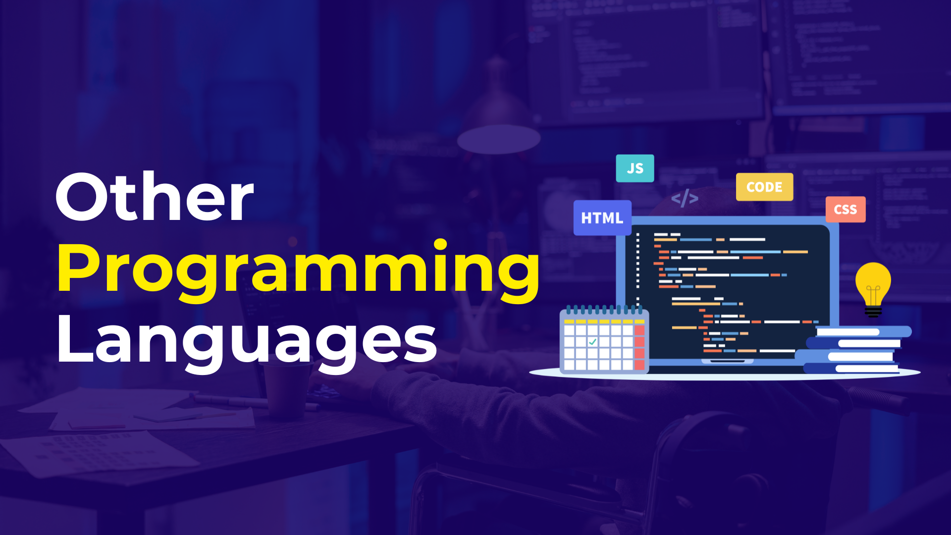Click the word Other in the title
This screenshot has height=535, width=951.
click(x=155, y=197)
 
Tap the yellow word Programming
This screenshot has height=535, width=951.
click(x=299, y=271)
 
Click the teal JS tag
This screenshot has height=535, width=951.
click(x=635, y=168)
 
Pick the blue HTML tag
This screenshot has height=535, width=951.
click(x=602, y=218)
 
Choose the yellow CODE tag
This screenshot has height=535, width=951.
click(x=764, y=187)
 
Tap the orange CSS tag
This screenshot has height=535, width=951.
click(x=845, y=210)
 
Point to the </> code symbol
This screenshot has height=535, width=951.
click(x=685, y=198)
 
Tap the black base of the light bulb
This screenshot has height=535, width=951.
click(x=873, y=312)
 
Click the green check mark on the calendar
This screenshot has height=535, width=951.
click(x=592, y=341)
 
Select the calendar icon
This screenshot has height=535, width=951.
click(x=604, y=340)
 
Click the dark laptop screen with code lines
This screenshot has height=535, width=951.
click(x=727, y=292)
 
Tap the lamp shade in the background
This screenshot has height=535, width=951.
click(x=498, y=139)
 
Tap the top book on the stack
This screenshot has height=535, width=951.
click(x=864, y=331)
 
